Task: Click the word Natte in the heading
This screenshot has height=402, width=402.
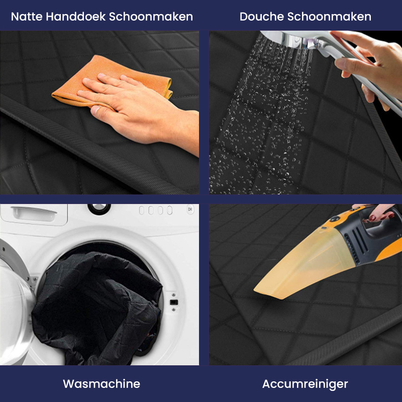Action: pos(26,17)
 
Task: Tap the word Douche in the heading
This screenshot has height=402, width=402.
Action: pos(261,17)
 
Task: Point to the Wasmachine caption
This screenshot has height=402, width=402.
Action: pos(102,384)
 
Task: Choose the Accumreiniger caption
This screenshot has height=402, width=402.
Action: pos(305,384)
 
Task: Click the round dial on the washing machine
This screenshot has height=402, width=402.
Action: pos(99,208)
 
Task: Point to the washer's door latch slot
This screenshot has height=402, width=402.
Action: pos(174,303)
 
